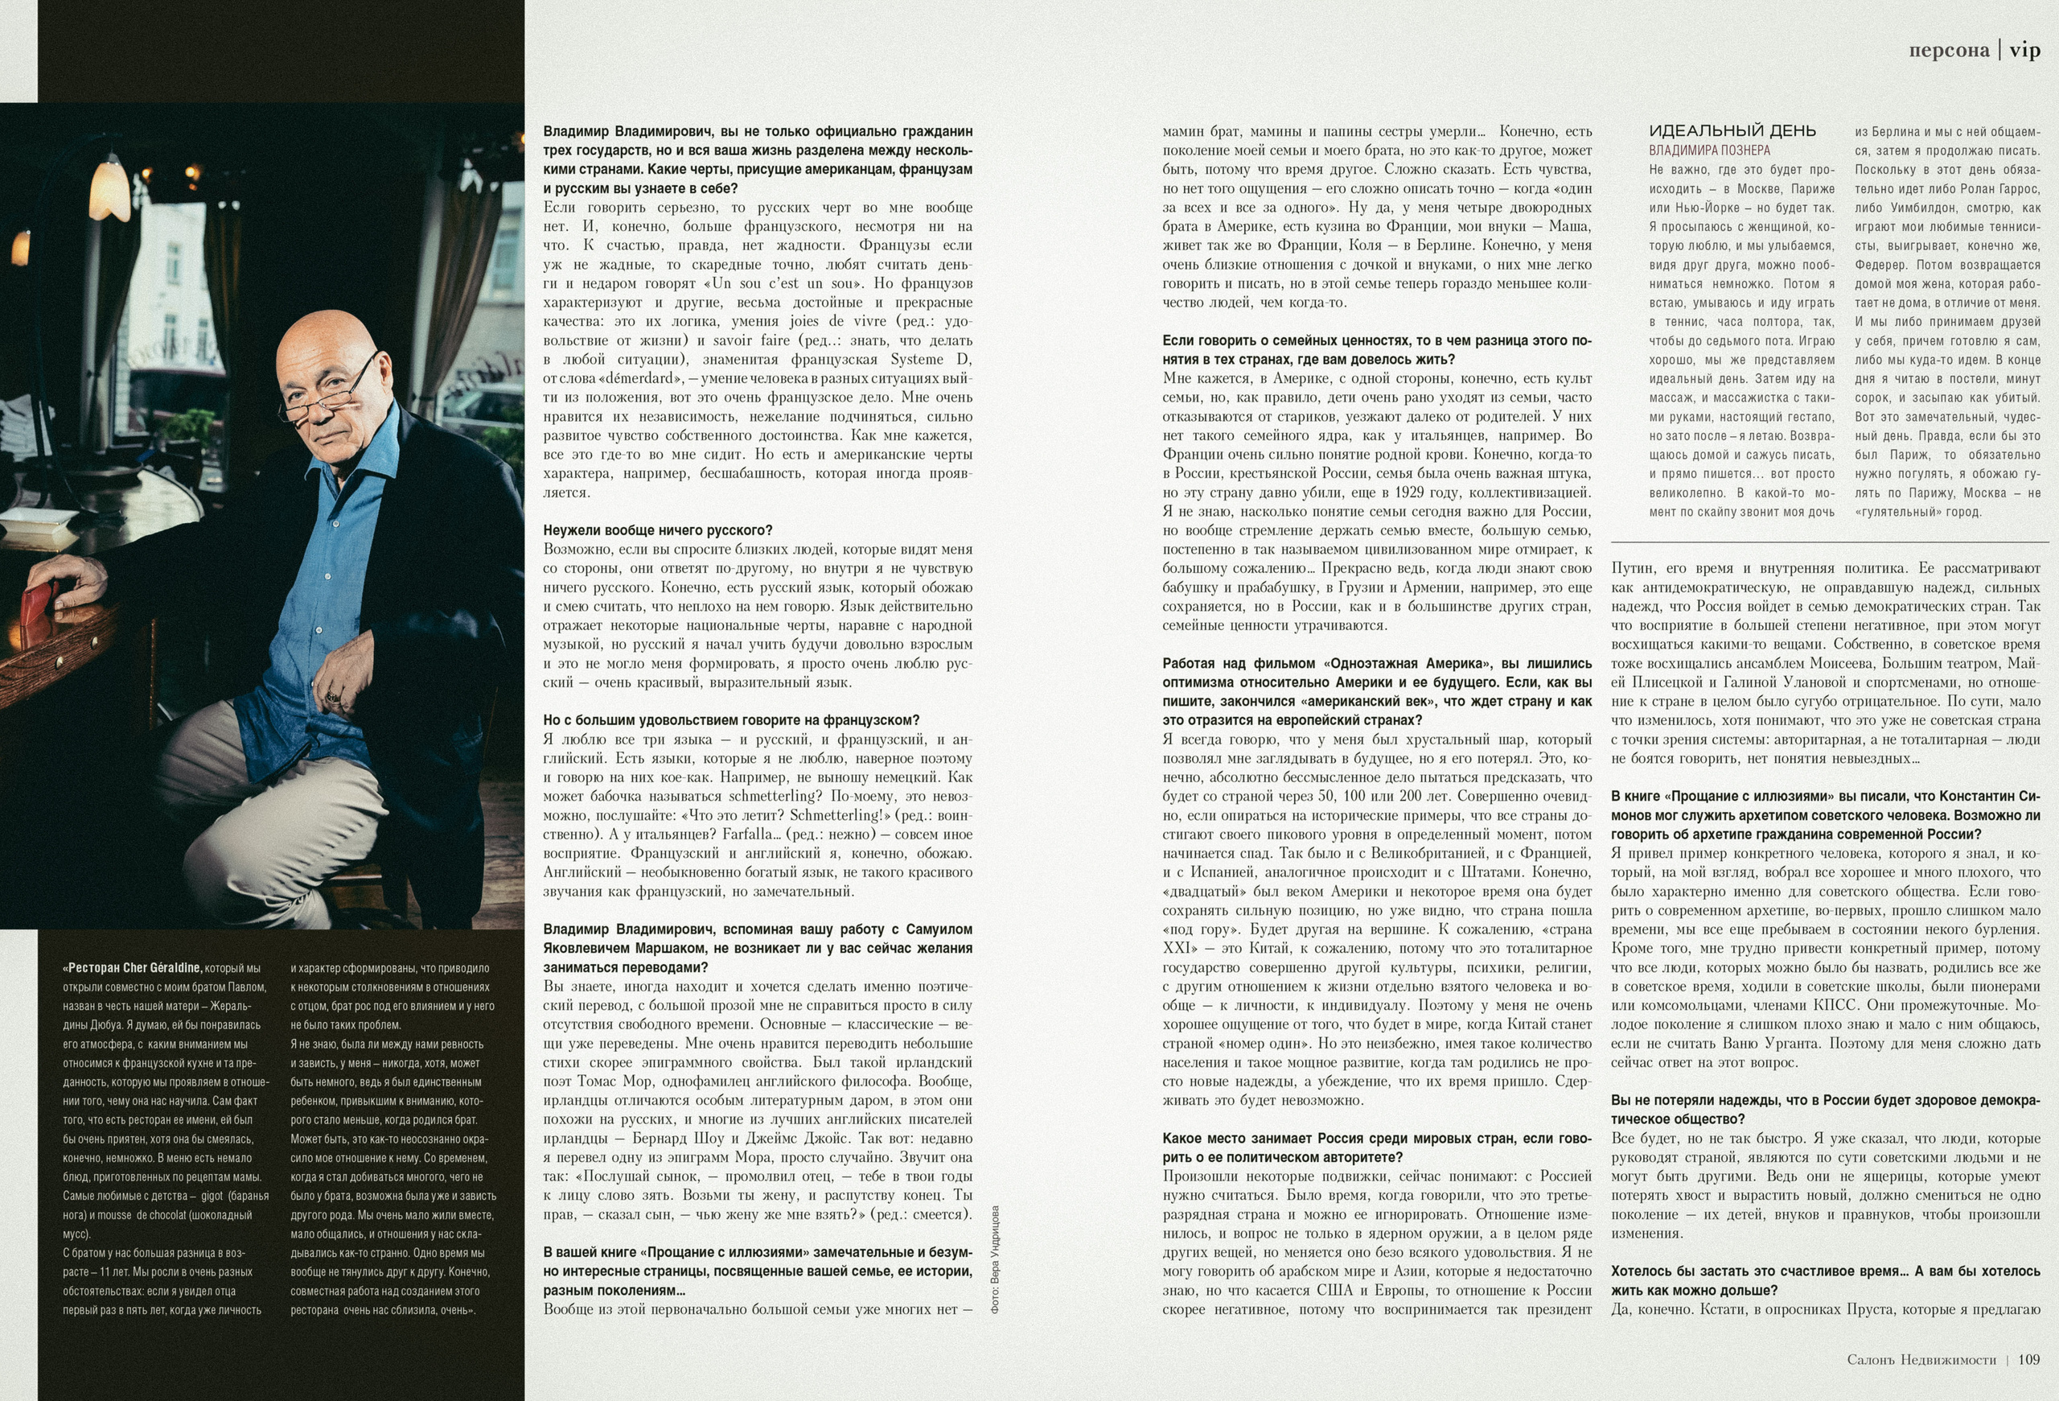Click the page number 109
coord(2028,1359)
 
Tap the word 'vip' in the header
coord(2025,51)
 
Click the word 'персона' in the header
coord(1949,51)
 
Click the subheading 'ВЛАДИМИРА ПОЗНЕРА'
coord(1709,150)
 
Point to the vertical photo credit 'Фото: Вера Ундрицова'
coord(994,1259)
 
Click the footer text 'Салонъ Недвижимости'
coord(1921,1360)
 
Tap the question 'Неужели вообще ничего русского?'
coord(657,531)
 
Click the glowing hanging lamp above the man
coord(110,191)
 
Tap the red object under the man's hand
coord(40,612)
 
